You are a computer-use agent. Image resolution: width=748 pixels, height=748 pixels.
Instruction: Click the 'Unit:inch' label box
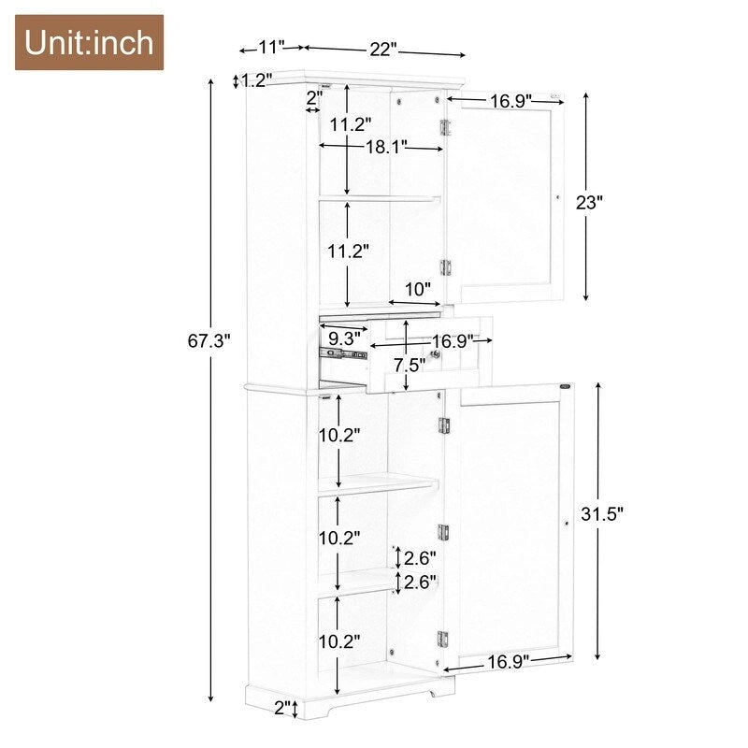(x=89, y=43)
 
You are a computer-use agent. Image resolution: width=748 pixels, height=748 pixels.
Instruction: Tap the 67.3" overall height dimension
(x=208, y=341)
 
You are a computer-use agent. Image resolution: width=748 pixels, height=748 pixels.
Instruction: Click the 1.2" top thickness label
(x=255, y=81)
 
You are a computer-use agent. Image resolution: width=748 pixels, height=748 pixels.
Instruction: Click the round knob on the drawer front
(x=436, y=354)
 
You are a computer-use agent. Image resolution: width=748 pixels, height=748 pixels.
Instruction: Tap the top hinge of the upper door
(x=446, y=127)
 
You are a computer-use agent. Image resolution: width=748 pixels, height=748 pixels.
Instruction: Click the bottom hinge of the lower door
(x=443, y=640)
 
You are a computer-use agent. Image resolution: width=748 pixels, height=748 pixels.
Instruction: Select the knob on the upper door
(x=557, y=197)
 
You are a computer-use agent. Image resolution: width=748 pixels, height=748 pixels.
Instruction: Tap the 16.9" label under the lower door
(x=507, y=661)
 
